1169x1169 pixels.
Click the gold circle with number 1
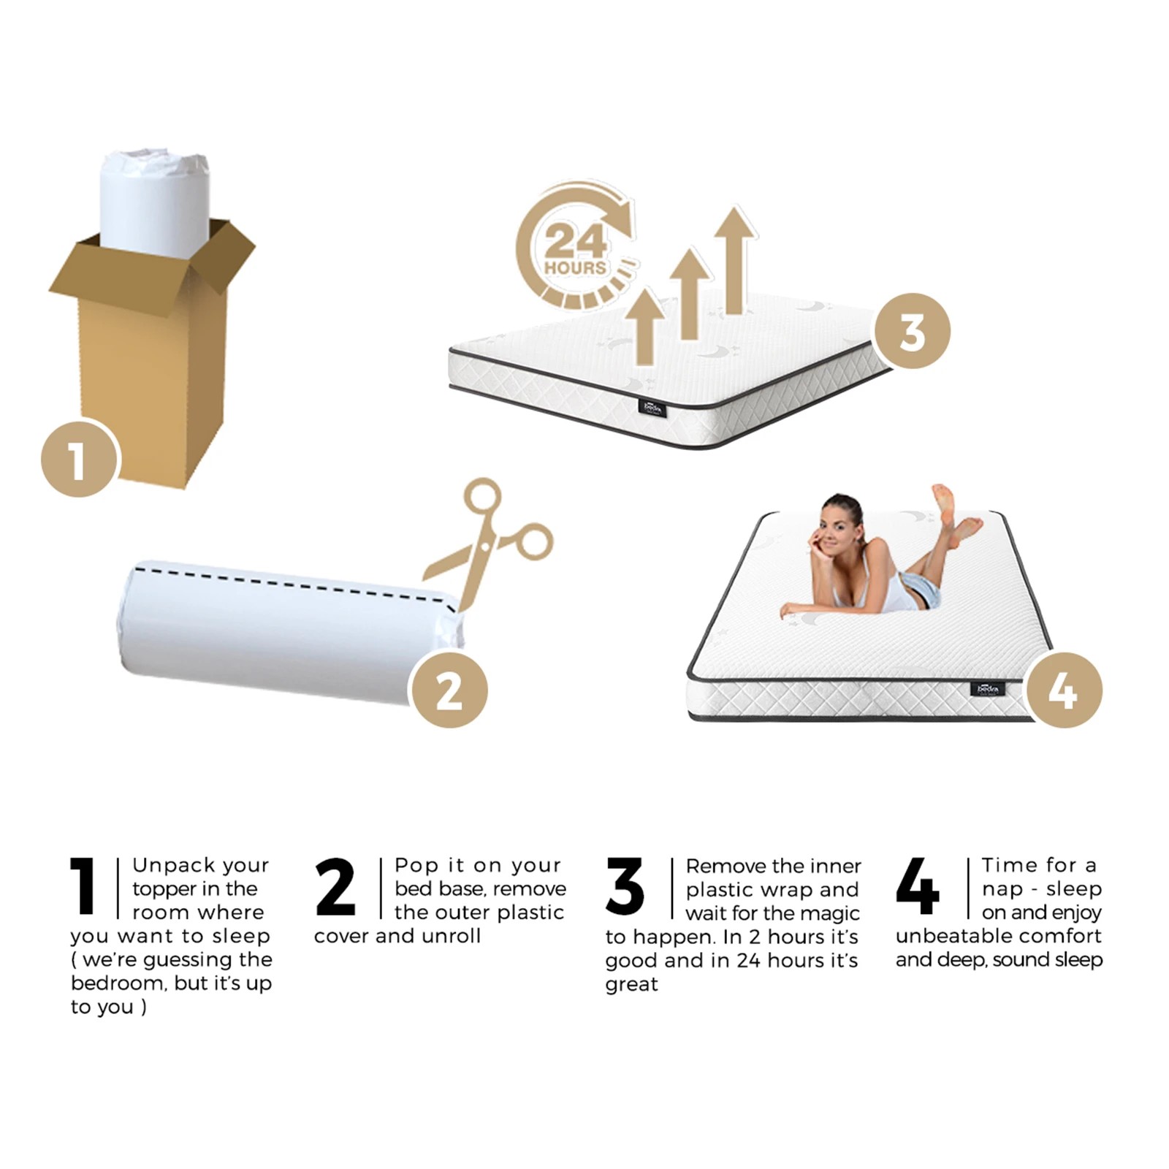coord(78,460)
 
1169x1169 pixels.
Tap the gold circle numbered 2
coord(449,690)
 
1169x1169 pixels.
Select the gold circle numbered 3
coord(912,331)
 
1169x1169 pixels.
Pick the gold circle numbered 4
coord(1064,690)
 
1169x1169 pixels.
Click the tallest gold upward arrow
coord(735,259)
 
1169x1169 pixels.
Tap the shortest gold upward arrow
coord(644,326)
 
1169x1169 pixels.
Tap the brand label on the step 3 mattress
coord(652,408)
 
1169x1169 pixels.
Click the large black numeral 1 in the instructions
coord(83,886)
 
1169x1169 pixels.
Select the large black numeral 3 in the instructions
coord(625,886)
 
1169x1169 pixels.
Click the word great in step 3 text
coord(631,984)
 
